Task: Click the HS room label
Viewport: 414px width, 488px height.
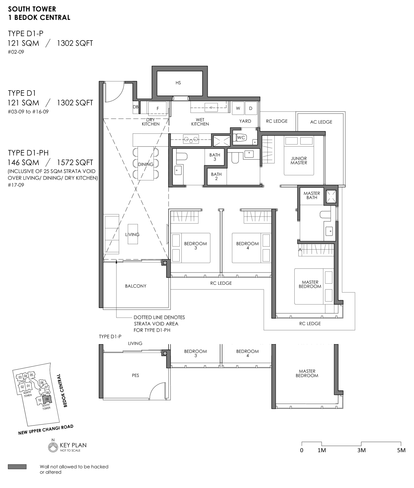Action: click(x=178, y=83)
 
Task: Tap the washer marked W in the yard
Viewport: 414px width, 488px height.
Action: click(x=238, y=108)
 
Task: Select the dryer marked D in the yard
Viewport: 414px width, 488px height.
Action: click(x=251, y=108)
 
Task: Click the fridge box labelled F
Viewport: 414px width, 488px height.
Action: click(x=158, y=108)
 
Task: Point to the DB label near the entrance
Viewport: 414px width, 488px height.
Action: click(x=136, y=107)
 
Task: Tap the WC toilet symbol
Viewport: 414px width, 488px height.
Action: click(x=241, y=137)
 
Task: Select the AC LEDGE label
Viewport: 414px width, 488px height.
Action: click(x=321, y=122)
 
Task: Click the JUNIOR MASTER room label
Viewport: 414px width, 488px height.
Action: click(x=299, y=160)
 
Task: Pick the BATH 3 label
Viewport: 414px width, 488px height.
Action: click(x=215, y=157)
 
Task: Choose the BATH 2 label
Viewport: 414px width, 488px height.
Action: click(x=216, y=176)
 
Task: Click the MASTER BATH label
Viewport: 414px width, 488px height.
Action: click(x=312, y=195)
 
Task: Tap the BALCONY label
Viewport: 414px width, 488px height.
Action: click(x=136, y=286)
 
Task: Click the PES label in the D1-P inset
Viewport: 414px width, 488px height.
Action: click(x=136, y=376)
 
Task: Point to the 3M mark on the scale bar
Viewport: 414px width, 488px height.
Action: click(x=361, y=450)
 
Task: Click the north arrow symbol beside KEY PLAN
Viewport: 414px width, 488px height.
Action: click(x=53, y=447)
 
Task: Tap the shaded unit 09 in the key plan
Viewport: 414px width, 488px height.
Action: click(x=47, y=399)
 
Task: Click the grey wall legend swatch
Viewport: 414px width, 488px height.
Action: click(x=17, y=467)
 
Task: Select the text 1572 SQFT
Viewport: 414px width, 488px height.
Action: click(x=75, y=162)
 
